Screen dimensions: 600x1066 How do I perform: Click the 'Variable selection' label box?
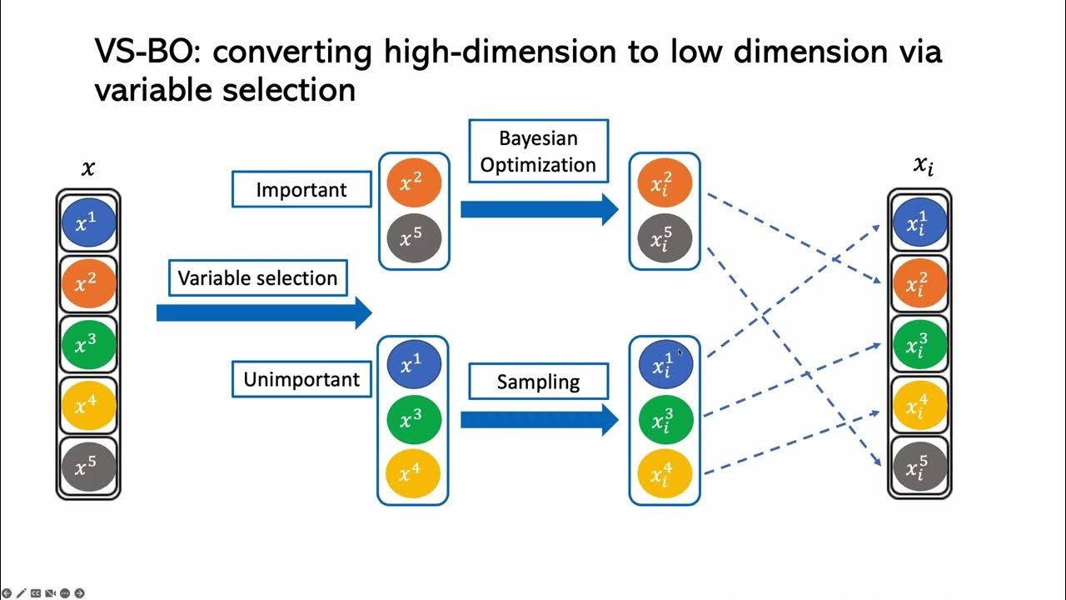coord(257,278)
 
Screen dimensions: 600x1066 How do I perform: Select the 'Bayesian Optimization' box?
coord(538,152)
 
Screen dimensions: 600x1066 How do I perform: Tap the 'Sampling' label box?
coord(538,382)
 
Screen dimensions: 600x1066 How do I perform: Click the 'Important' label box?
coord(301,189)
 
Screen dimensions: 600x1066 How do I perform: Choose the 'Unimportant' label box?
coord(301,380)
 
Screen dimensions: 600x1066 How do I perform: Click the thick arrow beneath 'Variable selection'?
coord(263,312)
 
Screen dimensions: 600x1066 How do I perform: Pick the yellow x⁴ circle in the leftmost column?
coord(87,406)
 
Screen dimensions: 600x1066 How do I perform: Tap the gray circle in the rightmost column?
coord(919,467)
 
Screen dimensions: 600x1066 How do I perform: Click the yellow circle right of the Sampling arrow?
coord(664,474)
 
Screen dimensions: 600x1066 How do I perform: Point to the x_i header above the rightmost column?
coord(923,166)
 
